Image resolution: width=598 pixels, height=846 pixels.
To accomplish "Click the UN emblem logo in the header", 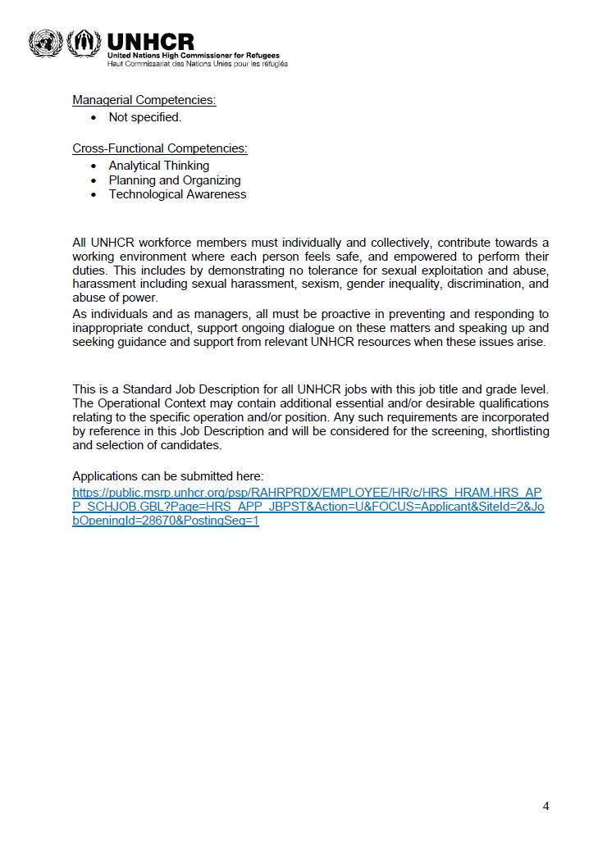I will [45, 43].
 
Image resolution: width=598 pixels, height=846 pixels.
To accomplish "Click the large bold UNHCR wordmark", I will [150, 41].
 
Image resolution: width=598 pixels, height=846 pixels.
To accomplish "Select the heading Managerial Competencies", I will [144, 100].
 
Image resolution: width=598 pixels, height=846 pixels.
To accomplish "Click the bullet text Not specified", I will [145, 117].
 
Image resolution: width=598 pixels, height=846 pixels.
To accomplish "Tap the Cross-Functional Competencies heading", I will [160, 148].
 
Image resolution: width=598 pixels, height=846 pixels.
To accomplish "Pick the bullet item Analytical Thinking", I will [159, 166].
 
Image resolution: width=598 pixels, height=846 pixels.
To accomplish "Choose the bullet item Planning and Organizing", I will [175, 180].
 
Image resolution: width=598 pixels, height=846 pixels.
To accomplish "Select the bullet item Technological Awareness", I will [177, 195].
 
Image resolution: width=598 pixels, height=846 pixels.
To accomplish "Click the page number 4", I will [546, 806].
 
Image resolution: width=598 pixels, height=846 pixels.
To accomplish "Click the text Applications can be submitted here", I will [167, 476].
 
